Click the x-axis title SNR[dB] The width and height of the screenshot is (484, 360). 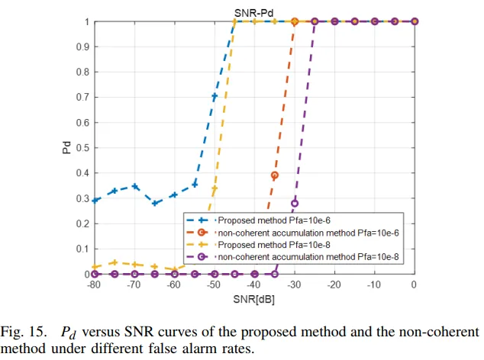(x=254, y=300)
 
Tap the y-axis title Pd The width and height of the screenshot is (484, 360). (x=66, y=148)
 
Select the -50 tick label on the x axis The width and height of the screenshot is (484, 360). (x=215, y=285)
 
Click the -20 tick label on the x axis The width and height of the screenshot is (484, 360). (x=334, y=285)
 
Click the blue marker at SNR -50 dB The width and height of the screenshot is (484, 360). (x=215, y=96)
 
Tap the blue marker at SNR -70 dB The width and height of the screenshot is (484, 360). (x=134, y=186)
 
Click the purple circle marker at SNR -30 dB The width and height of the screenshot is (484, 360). (x=295, y=203)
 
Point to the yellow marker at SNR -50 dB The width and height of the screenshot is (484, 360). (x=215, y=188)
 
